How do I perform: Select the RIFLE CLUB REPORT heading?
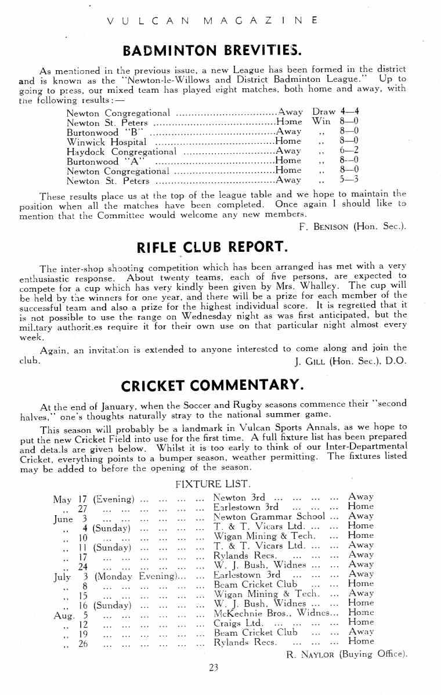point(212,248)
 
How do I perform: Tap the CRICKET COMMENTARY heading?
point(212,385)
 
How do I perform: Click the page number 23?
point(213,668)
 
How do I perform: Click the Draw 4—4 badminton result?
point(339,112)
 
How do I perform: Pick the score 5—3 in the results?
point(349,179)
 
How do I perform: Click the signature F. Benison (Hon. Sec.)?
point(353,226)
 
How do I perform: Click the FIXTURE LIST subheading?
point(212,483)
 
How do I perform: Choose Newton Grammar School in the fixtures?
point(269,516)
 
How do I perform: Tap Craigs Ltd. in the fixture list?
point(234,622)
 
